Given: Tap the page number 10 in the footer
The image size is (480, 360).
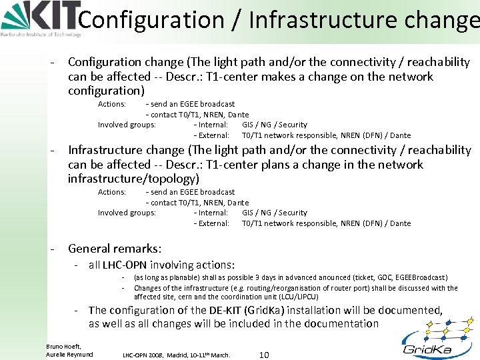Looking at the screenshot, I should [x=263, y=355].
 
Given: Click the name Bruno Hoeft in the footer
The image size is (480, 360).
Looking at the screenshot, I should [x=63, y=346].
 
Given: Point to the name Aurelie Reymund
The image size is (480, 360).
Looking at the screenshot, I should [x=69, y=354].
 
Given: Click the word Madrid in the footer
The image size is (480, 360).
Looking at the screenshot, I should [x=179, y=355].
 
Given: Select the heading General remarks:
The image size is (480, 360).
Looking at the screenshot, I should [x=115, y=249].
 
